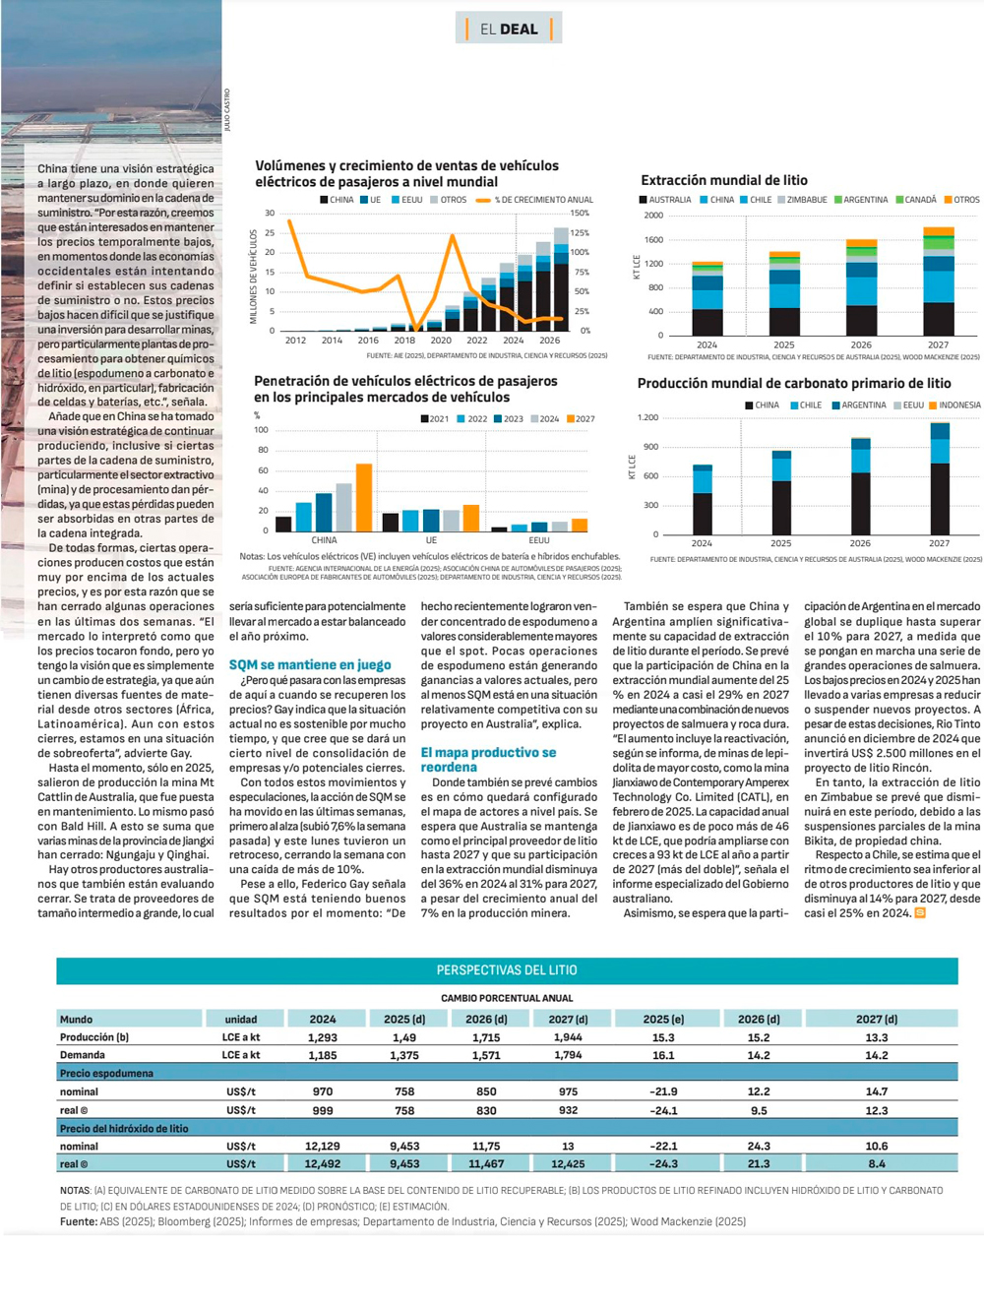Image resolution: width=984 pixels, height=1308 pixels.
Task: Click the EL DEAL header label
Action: [508, 29]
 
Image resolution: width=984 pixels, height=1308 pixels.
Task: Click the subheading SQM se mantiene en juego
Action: [310, 664]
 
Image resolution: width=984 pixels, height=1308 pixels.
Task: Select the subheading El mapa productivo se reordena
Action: [488, 759]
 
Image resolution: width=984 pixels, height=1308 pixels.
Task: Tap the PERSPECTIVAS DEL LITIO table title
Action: [507, 969]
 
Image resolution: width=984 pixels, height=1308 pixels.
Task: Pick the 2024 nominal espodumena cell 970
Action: [323, 1091]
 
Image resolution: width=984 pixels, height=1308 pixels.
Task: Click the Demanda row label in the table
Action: [83, 1055]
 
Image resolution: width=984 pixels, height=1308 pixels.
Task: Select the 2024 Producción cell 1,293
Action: [323, 1037]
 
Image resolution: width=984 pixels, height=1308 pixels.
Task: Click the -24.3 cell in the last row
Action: [663, 1163]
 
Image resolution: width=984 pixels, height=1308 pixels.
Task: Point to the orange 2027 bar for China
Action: [364, 497]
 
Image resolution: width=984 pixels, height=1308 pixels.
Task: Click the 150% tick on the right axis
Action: [580, 213]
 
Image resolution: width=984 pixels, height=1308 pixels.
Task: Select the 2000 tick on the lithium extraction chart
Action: [653, 216]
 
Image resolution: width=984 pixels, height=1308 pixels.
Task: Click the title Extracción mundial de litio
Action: [723, 180]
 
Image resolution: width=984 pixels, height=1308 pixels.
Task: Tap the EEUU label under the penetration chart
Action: [539, 540]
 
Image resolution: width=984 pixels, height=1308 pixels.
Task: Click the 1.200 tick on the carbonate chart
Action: [647, 417]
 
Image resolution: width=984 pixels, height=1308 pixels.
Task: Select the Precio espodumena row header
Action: [106, 1073]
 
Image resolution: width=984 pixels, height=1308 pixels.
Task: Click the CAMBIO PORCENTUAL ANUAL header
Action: [507, 998]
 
